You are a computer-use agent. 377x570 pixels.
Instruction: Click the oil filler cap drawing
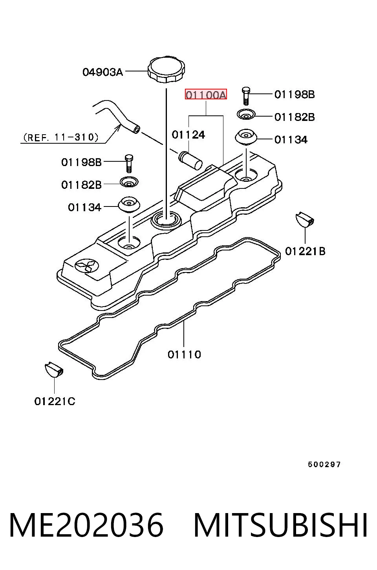pos(166,69)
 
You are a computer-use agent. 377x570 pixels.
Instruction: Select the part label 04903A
pos(102,72)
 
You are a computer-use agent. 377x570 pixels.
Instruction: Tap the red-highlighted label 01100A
pos(206,94)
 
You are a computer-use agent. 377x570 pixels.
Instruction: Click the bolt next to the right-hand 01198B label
pos(246,96)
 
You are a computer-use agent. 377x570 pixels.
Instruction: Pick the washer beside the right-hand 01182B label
pos(246,115)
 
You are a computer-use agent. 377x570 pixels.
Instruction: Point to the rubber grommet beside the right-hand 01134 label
pos(246,138)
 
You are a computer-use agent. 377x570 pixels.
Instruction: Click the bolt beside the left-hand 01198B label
pos(129,164)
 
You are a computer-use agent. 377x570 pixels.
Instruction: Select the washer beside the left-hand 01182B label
pos(129,182)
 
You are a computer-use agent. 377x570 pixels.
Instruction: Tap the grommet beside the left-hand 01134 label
pos(129,205)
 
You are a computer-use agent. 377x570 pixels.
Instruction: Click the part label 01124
pos(188,135)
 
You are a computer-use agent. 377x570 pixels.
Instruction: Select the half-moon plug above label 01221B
pos(305,219)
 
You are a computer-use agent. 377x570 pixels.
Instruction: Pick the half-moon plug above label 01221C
pos(54,370)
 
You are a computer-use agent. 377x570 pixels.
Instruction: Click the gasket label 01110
pos(184,354)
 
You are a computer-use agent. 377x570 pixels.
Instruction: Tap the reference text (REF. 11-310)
pos(60,138)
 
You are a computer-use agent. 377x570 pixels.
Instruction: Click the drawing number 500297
pos(324,465)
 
